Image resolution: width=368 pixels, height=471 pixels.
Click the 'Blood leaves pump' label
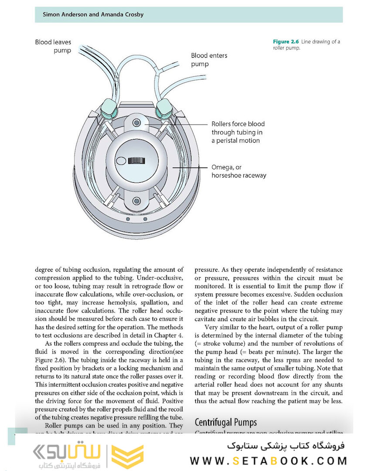coord(53,46)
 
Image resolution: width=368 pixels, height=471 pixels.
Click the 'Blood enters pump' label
coord(209,60)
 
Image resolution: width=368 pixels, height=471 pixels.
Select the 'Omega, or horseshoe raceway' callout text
coord(239,171)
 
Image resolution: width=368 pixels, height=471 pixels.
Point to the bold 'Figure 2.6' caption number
coord(286,42)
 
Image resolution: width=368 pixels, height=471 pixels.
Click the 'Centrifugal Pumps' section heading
coord(225,422)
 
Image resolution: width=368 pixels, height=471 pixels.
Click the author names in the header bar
coord(93,14)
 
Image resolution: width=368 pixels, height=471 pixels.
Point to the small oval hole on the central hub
coord(120,161)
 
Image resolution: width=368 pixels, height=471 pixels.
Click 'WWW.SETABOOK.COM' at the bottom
coord(268,461)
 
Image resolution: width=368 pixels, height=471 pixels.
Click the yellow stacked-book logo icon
coord(127,456)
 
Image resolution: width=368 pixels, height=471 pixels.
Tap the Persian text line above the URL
coord(286,446)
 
